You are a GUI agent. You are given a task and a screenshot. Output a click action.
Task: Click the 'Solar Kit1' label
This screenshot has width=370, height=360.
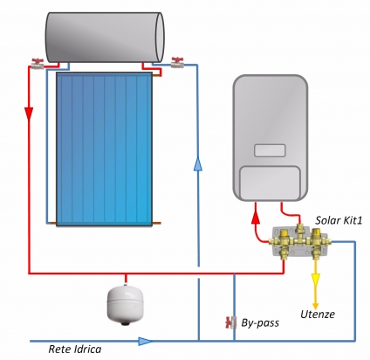[x=339, y=220]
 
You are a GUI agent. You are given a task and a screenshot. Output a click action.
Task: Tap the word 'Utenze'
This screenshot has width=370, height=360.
[x=318, y=315]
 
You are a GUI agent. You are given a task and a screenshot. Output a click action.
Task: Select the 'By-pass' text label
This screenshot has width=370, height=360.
[x=260, y=323]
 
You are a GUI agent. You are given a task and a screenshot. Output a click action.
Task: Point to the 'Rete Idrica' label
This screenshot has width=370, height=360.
[x=75, y=349]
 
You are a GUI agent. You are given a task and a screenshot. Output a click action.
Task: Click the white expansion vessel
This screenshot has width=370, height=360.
[x=126, y=304]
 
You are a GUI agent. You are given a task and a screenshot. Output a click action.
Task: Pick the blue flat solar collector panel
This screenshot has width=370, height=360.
[x=104, y=149]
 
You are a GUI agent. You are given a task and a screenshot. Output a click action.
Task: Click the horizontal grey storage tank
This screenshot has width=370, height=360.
[x=105, y=38]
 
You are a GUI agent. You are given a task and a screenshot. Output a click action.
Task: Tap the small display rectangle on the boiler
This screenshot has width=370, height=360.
[x=270, y=150]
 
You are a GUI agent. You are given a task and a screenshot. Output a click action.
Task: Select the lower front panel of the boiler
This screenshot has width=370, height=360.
[x=270, y=183]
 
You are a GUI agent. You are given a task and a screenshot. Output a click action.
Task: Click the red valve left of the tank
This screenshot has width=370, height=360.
[x=38, y=64]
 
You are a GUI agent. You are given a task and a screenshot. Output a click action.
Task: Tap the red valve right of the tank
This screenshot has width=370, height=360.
[x=177, y=63]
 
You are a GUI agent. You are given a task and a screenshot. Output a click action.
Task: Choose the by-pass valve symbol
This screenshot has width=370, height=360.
[x=230, y=322]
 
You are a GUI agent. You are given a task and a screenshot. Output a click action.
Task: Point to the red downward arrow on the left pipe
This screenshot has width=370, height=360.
[x=29, y=114]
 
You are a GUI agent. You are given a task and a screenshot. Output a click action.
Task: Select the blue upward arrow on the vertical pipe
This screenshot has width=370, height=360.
[x=198, y=163]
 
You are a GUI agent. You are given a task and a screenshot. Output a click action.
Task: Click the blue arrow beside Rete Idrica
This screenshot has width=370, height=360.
[x=145, y=341]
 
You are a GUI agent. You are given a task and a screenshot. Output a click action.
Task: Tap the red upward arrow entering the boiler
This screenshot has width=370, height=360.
[x=256, y=217]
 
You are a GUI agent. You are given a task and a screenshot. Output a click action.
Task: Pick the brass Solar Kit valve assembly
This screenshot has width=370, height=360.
[x=299, y=241]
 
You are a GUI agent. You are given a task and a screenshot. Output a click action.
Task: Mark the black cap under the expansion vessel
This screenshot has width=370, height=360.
[x=126, y=322]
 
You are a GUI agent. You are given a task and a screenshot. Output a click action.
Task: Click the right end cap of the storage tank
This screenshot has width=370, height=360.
[x=160, y=38]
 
